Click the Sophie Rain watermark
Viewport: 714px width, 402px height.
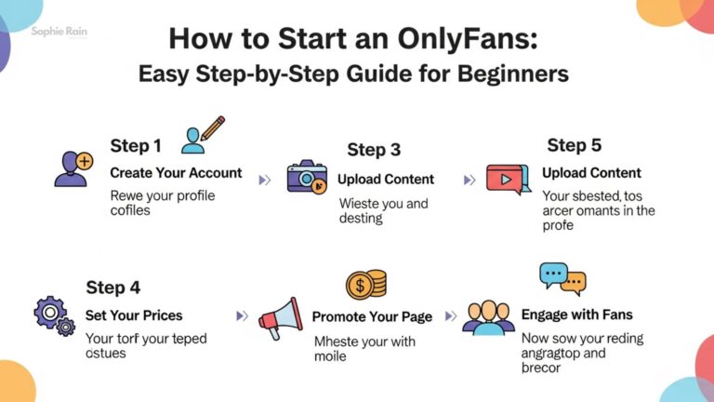58,31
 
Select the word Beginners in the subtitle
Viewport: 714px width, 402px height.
508,74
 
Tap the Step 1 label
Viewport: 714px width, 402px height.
136,145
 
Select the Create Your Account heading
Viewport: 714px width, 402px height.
176,173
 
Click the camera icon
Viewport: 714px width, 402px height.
307,177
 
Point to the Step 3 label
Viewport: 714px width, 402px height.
374,150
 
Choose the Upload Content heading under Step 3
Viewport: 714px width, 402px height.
385,179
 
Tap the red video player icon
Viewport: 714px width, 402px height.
509,178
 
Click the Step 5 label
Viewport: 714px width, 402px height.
574,145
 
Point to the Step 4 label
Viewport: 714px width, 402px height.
112,288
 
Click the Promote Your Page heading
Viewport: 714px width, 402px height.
372,316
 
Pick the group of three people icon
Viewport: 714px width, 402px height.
488,318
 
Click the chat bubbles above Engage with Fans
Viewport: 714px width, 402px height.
563,277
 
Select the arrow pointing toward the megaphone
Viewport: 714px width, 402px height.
243,316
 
